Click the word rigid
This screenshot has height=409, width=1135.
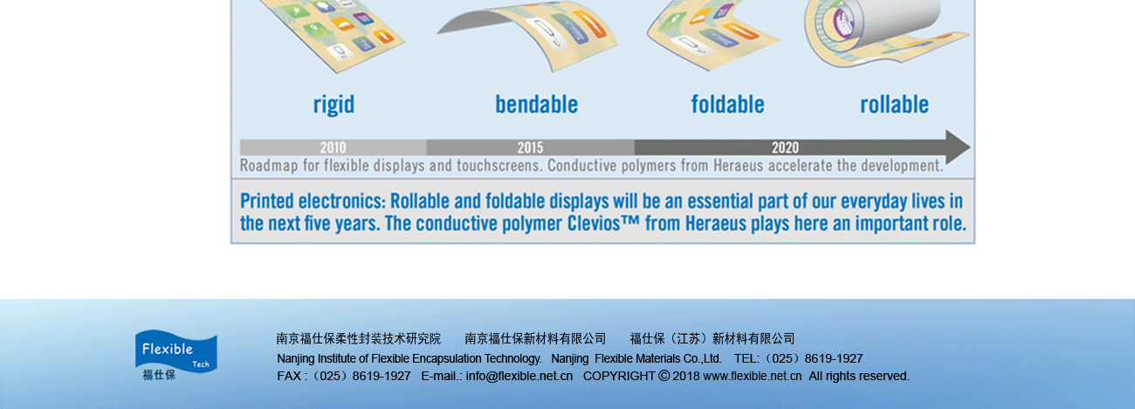(334, 105)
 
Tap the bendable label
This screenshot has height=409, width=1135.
(536, 105)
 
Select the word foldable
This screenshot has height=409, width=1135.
(727, 105)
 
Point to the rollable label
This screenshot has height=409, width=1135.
(894, 105)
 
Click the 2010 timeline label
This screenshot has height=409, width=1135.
(333, 148)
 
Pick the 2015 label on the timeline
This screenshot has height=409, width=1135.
(530, 148)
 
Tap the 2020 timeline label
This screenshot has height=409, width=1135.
(785, 148)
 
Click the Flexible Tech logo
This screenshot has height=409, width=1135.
(175, 355)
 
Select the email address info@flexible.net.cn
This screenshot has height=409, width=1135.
(519, 376)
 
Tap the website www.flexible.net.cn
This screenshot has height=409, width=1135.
(753, 376)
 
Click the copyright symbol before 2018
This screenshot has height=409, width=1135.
(664, 376)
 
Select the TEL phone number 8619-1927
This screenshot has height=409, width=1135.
(834, 359)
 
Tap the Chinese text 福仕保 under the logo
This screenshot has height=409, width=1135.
(159, 375)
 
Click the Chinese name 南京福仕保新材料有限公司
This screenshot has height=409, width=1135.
(535, 338)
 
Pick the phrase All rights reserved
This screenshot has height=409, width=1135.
(859, 376)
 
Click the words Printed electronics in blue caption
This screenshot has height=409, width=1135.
(313, 201)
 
